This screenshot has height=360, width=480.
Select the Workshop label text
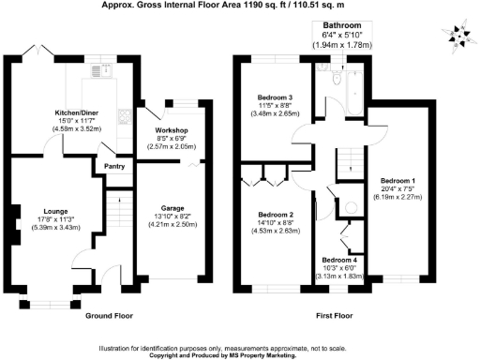pos(172,129)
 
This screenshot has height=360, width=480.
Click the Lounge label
pos(52,211)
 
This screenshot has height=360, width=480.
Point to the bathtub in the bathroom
pos(353,94)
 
